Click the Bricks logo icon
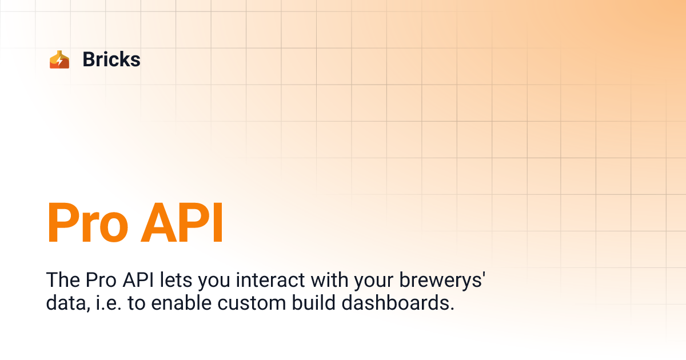pyautogui.click(x=59, y=59)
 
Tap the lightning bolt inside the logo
pyautogui.click(x=59, y=61)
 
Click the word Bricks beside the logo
pyautogui.click(x=111, y=59)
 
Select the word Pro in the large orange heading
pyautogui.click(x=86, y=223)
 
